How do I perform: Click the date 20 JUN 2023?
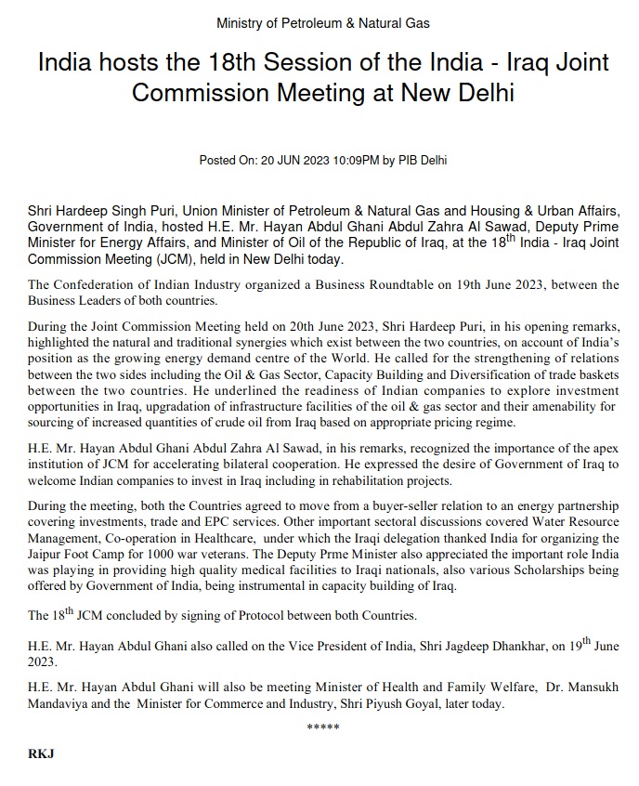click(283, 161)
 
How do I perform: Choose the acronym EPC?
click(167, 522)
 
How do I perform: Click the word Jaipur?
click(48, 554)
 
